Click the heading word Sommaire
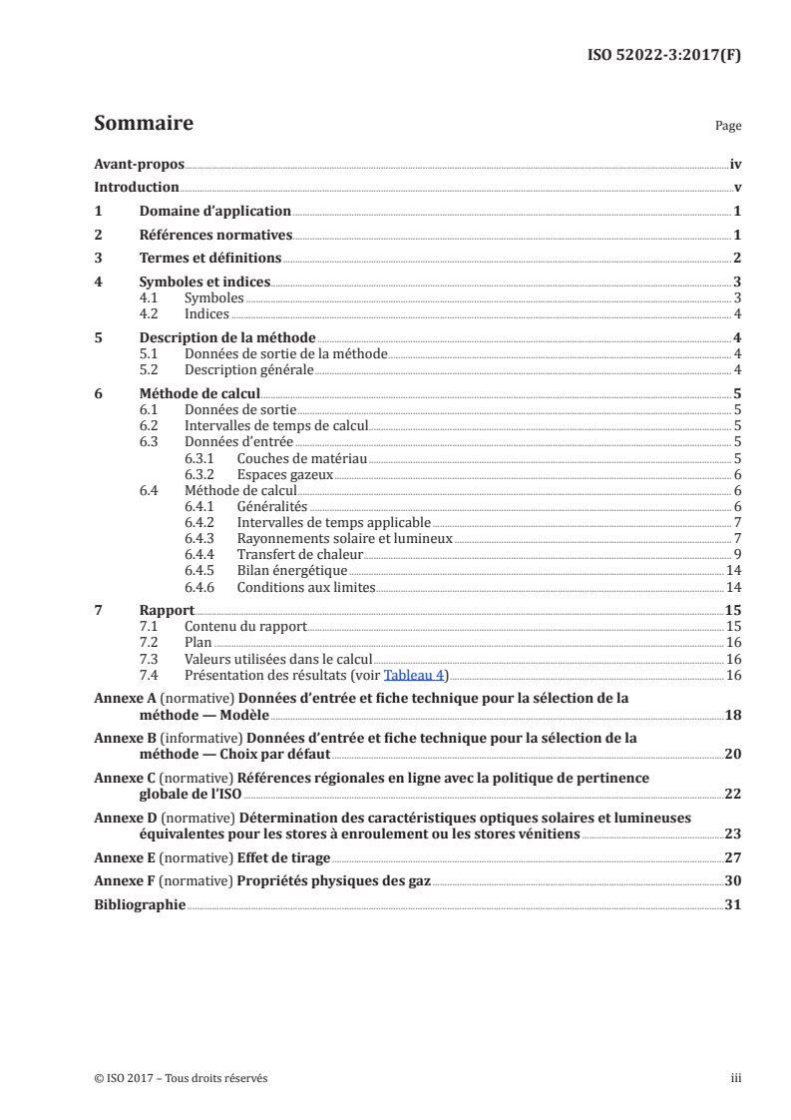tap(143, 124)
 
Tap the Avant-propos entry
tap(139, 164)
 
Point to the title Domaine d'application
tap(214, 211)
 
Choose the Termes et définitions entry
tap(209, 258)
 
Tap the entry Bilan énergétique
tap(291, 570)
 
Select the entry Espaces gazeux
tap(284, 474)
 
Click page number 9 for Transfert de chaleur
tap(736, 553)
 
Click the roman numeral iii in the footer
tap(736, 1078)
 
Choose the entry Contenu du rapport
tap(245, 626)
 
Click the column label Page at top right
tap(728, 127)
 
